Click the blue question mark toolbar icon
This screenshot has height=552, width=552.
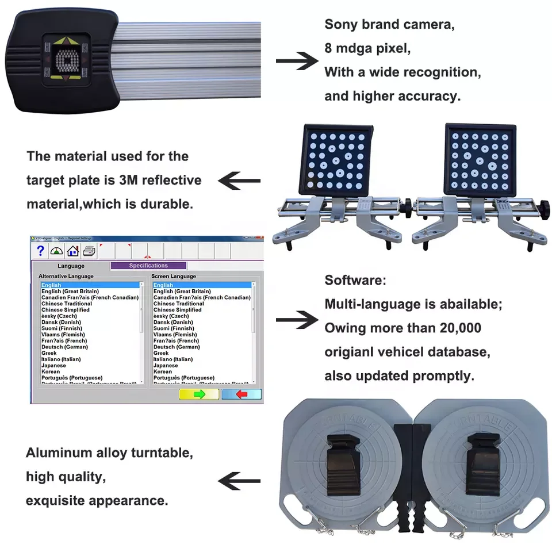pyautogui.click(x=40, y=251)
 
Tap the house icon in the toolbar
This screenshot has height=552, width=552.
pyautogui.click(x=72, y=251)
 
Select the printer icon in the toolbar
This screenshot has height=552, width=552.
pyautogui.click(x=89, y=251)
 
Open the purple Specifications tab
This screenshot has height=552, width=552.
pyautogui.click(x=148, y=266)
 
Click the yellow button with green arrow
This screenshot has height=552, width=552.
pyautogui.click(x=199, y=394)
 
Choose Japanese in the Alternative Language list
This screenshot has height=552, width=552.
pyautogui.click(x=53, y=366)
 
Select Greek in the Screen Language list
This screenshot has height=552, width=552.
pyautogui.click(x=162, y=353)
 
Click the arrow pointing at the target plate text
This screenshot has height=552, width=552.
pyautogui.click(x=239, y=181)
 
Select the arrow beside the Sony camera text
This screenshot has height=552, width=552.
pyautogui.click(x=297, y=61)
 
